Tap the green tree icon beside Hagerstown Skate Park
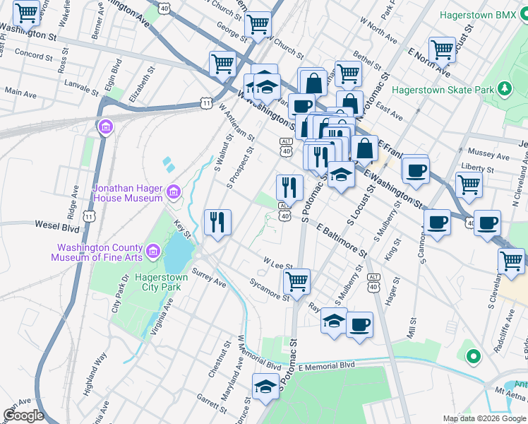click(x=504, y=88)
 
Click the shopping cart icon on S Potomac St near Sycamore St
click(x=296, y=281)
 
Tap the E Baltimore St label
click(x=342, y=242)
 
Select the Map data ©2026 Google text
click(x=484, y=418)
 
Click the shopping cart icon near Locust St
click(x=442, y=49)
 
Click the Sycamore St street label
click(x=270, y=288)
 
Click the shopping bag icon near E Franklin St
click(x=365, y=149)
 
